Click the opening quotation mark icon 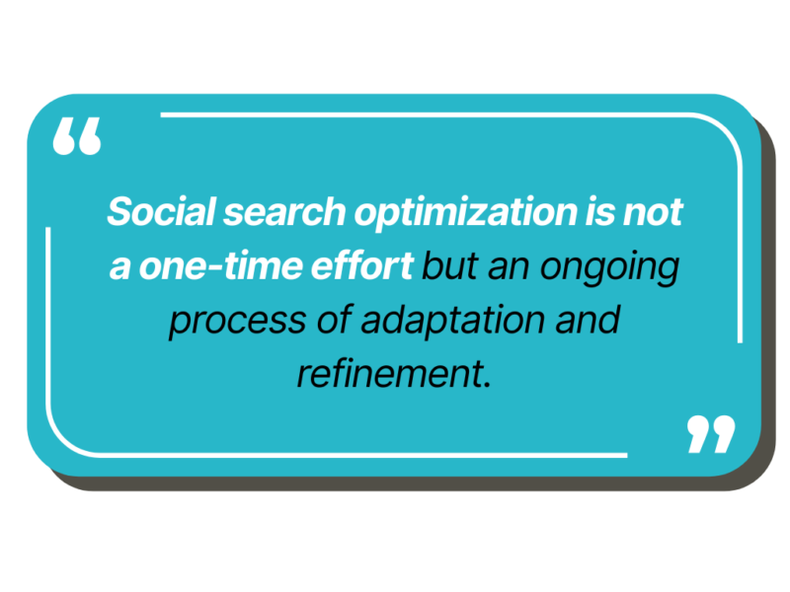[77, 136]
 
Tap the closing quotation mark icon [711, 434]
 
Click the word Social [162, 211]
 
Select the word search [284, 211]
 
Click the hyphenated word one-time [220, 265]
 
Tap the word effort [362, 264]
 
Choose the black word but [449, 265]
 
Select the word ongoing [609, 268]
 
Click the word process [237, 323]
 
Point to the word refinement [389, 373]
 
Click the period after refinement [486, 385]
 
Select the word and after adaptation [587, 319]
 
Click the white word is [599, 211]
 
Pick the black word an [509, 268]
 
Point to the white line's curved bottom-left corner [63, 439]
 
